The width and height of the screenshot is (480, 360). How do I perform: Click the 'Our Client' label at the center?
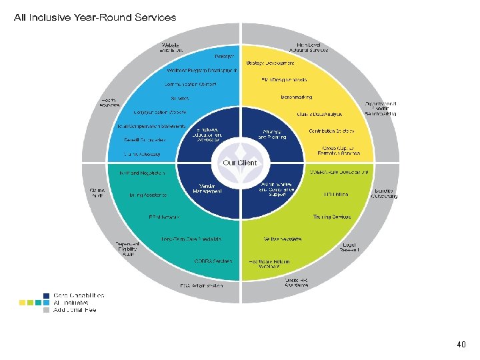point(239,163)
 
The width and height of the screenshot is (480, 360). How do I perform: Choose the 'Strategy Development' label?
point(270,63)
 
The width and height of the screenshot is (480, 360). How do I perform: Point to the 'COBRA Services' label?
point(213,261)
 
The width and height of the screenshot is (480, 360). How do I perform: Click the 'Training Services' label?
point(331,217)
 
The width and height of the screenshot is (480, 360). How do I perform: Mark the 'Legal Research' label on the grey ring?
point(349,247)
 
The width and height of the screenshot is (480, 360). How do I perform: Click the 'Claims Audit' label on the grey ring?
point(97,192)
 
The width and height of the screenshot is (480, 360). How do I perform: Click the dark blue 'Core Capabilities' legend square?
point(47,295)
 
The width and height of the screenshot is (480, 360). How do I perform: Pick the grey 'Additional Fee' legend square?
point(47,309)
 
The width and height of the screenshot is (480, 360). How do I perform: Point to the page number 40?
point(461,345)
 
